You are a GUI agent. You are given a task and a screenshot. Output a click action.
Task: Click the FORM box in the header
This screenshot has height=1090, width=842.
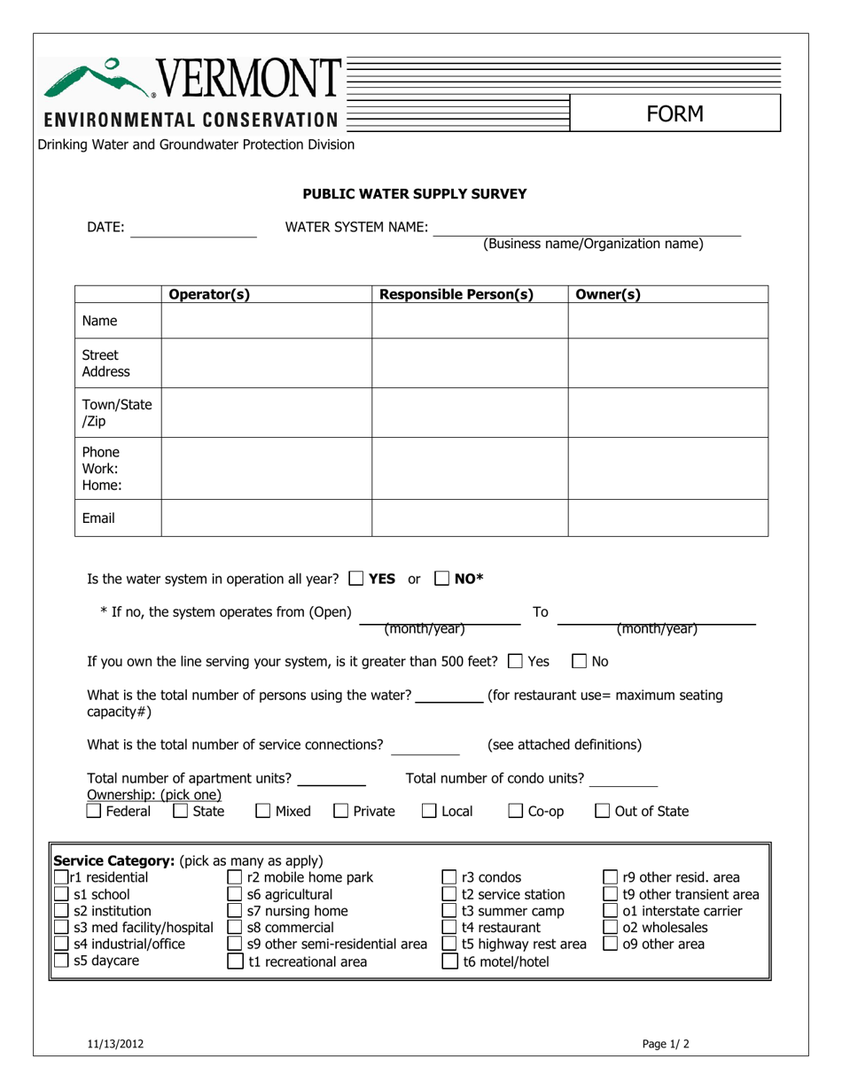[x=674, y=114]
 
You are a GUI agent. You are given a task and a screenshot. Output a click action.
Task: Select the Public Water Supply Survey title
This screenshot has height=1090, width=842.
[x=415, y=193]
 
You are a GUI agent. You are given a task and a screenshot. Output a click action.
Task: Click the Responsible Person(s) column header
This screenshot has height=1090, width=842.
[x=456, y=295]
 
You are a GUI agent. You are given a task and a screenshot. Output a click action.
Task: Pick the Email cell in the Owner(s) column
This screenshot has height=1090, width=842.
[x=667, y=518]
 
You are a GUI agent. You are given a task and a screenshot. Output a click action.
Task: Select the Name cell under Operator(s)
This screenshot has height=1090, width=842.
[x=266, y=321]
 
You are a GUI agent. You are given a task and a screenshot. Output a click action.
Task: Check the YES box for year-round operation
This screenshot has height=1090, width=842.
[x=356, y=580]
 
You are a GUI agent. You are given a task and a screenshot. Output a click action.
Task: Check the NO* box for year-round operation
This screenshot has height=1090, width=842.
[x=442, y=580]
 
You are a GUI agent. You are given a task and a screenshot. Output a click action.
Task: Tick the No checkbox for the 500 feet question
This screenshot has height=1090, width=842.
[x=580, y=661]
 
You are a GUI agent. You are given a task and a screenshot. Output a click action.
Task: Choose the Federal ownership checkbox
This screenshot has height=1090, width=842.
[x=94, y=811]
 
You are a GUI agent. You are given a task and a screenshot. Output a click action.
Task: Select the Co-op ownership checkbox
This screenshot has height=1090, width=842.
[x=516, y=811]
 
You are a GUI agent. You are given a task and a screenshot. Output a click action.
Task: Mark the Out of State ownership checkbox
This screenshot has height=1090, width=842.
[x=602, y=811]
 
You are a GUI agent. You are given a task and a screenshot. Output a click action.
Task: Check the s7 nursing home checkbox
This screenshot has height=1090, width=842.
[x=236, y=911]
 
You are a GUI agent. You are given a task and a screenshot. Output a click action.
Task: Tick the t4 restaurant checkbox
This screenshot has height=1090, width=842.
[x=449, y=928]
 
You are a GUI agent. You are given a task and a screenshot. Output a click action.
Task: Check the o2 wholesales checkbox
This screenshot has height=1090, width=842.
[x=611, y=928]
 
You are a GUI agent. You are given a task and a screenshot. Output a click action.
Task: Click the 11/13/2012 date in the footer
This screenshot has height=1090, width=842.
[x=115, y=1044]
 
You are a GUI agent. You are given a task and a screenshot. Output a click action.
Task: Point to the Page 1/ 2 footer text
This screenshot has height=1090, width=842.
[x=666, y=1044]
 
